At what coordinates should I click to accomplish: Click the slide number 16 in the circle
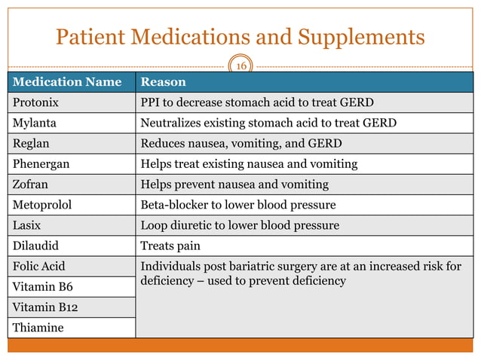point(241,66)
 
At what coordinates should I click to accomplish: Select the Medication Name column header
point(66,81)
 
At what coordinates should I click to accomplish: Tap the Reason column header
point(164,81)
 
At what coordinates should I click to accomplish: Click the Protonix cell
point(35,102)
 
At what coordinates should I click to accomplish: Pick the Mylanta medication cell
point(34,123)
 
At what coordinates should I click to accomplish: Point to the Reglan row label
point(31,143)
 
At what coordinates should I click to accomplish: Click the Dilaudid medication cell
point(35,245)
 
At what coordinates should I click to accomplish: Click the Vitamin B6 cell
point(41,287)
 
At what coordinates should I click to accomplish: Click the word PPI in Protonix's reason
point(152,102)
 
